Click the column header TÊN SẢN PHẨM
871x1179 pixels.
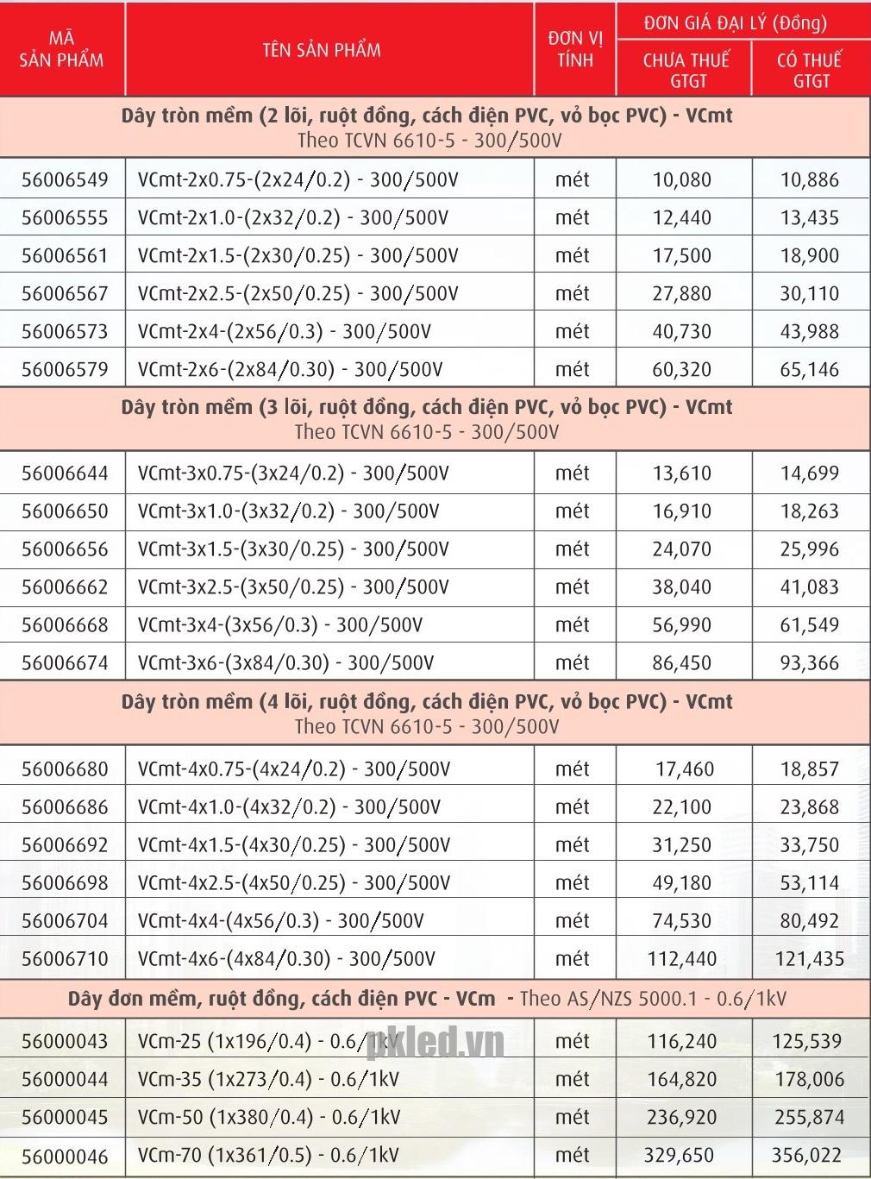point(322,50)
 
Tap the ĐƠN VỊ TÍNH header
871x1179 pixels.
point(575,49)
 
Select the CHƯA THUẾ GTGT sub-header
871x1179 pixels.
point(686,70)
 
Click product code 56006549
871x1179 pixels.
point(65,180)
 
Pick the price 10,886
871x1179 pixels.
point(809,180)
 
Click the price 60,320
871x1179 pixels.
point(681,370)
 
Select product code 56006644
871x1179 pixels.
point(65,473)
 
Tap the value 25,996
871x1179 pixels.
point(809,549)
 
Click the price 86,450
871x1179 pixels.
point(681,663)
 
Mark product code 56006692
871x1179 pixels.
point(65,845)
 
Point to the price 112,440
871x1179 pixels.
point(681,959)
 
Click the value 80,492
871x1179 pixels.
point(809,921)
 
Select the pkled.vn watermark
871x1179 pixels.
point(435,1042)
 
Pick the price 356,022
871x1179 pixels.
point(806,1156)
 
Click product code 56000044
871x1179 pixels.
point(65,1080)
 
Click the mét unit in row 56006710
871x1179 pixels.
point(573,959)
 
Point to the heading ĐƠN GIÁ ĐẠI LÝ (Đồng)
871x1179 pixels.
point(735,23)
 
